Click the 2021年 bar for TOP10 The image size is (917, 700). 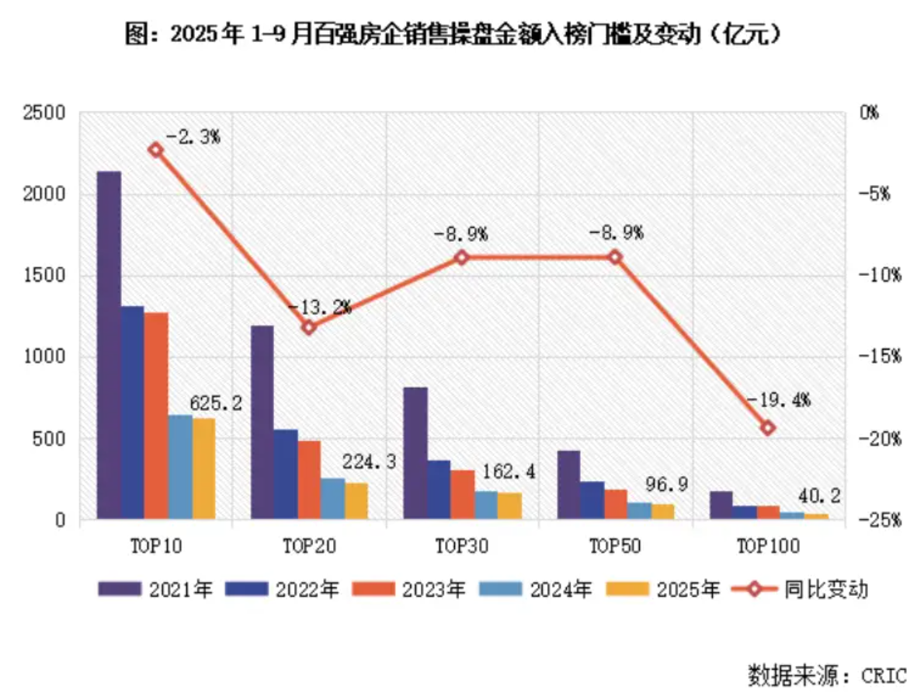click(x=109, y=345)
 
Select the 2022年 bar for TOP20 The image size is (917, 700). click(x=286, y=474)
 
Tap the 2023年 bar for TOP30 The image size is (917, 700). click(x=463, y=494)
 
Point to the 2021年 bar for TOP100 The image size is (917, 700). click(x=721, y=505)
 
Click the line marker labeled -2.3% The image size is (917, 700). click(x=156, y=150)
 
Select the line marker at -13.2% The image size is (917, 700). click(x=309, y=327)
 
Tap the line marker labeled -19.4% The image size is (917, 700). click(x=768, y=428)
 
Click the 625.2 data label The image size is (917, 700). click(x=216, y=403)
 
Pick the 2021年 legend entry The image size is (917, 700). click(x=155, y=589)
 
